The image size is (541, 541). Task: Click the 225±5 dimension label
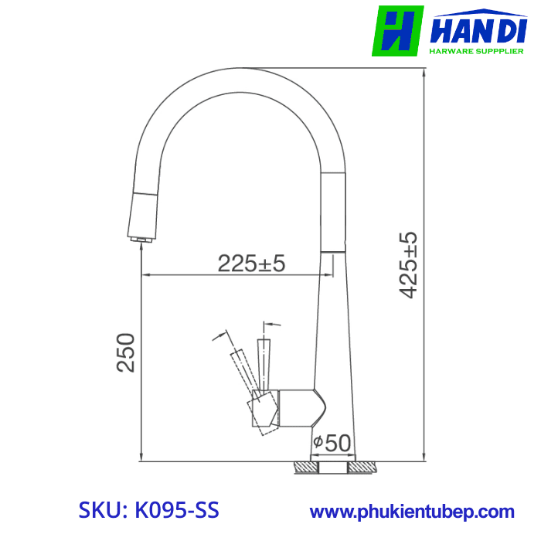click(251, 264)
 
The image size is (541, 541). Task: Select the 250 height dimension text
click(126, 352)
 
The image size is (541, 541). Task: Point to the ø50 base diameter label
click(332, 444)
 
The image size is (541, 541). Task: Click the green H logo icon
click(397, 32)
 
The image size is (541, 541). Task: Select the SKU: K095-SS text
click(149, 511)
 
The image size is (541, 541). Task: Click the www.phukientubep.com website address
click(412, 512)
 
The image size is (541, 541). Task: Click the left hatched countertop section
click(305, 468)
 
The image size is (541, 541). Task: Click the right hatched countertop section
click(363, 468)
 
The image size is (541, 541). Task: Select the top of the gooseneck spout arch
click(240, 77)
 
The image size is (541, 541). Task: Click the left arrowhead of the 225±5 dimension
click(145, 274)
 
